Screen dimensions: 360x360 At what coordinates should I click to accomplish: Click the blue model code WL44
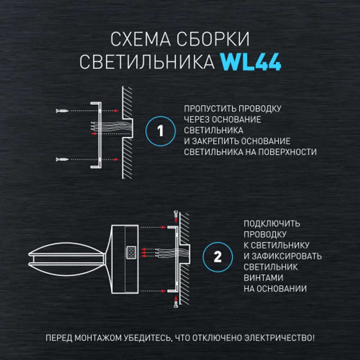pos(251,62)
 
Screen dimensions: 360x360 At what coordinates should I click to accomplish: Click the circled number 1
pos(161,131)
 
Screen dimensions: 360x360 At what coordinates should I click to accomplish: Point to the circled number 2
pos(217,257)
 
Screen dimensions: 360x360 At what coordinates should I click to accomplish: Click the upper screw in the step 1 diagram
pos(62,111)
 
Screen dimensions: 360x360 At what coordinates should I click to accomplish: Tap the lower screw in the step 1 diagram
pos(62,159)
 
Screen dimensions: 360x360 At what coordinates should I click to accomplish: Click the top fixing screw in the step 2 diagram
pos(175,215)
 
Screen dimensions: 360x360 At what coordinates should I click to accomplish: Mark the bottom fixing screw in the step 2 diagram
pos(175,302)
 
